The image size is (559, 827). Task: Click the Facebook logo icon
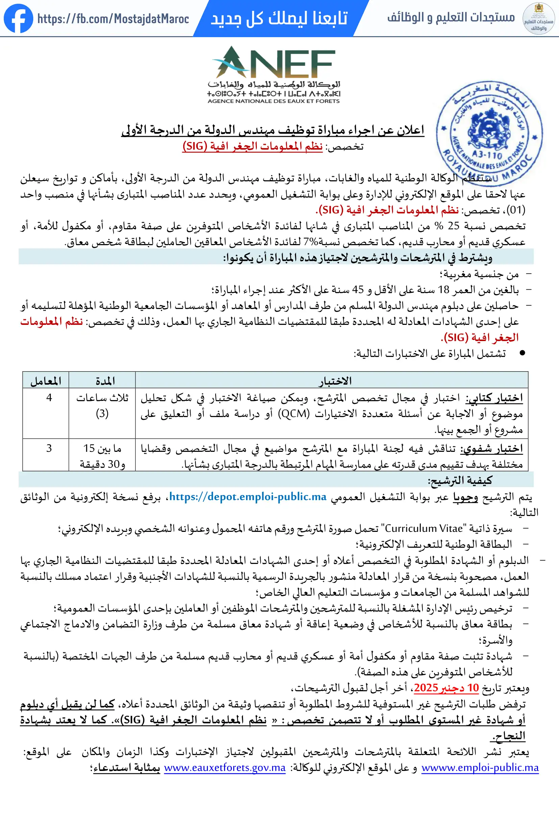18,18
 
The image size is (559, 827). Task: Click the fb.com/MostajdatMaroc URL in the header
113,19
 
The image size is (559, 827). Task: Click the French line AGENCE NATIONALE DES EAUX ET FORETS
273,101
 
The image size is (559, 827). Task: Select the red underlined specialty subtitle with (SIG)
252,146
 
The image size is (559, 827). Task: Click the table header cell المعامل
46,381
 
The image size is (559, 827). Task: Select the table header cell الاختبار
335,381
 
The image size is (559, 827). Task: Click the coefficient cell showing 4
49,397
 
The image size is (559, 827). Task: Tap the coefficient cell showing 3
49,448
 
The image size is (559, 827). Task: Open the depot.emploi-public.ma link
248,496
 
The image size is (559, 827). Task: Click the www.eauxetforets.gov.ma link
225,768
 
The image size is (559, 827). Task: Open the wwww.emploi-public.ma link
480,768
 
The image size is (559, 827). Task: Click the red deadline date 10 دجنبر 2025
446,688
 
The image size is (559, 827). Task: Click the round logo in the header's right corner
538,19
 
